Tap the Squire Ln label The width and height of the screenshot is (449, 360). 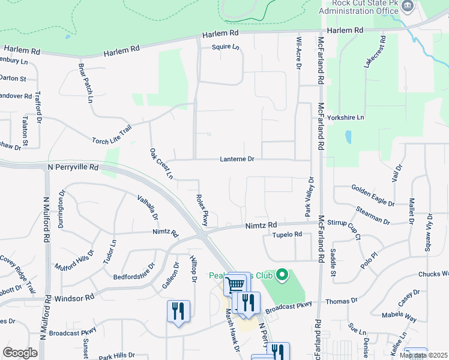click(x=225, y=47)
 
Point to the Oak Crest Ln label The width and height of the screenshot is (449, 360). click(x=161, y=164)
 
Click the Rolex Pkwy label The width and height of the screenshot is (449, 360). click(x=202, y=209)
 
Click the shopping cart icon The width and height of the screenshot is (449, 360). click(x=235, y=283)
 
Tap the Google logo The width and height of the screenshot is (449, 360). click(x=20, y=352)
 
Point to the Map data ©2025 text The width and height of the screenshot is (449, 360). click(x=423, y=355)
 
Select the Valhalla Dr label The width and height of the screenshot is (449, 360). click(x=146, y=207)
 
